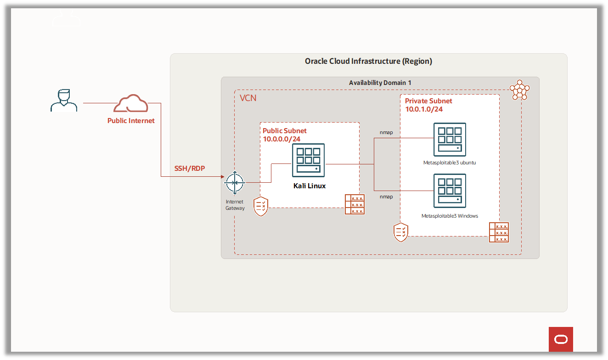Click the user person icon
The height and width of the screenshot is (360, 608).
[64, 100]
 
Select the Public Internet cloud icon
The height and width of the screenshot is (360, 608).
[131, 104]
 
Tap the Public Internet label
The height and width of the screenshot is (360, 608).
[131, 121]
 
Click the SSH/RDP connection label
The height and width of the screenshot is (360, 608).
[189, 169]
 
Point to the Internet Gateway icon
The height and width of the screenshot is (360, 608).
[235, 183]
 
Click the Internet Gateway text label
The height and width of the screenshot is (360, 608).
[235, 205]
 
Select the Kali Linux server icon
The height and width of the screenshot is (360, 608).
[308, 160]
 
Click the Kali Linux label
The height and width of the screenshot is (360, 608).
[309, 186]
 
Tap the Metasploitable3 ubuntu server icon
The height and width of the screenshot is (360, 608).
[450, 139]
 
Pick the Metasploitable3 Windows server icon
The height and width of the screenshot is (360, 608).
[450, 191]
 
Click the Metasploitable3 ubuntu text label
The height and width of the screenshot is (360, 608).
[450, 163]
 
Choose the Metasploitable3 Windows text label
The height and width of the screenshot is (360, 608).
[450, 216]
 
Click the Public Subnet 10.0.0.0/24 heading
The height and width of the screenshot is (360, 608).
[285, 135]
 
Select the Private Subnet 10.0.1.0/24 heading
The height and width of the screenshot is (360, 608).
[428, 105]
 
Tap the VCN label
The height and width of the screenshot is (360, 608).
[248, 98]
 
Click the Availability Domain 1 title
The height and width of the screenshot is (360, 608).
[380, 83]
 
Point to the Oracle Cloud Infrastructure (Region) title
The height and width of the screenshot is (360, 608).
[368, 61]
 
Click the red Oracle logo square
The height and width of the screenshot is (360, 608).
[561, 339]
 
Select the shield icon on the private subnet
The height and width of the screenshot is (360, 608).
[401, 232]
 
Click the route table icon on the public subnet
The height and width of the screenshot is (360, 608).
[355, 204]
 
